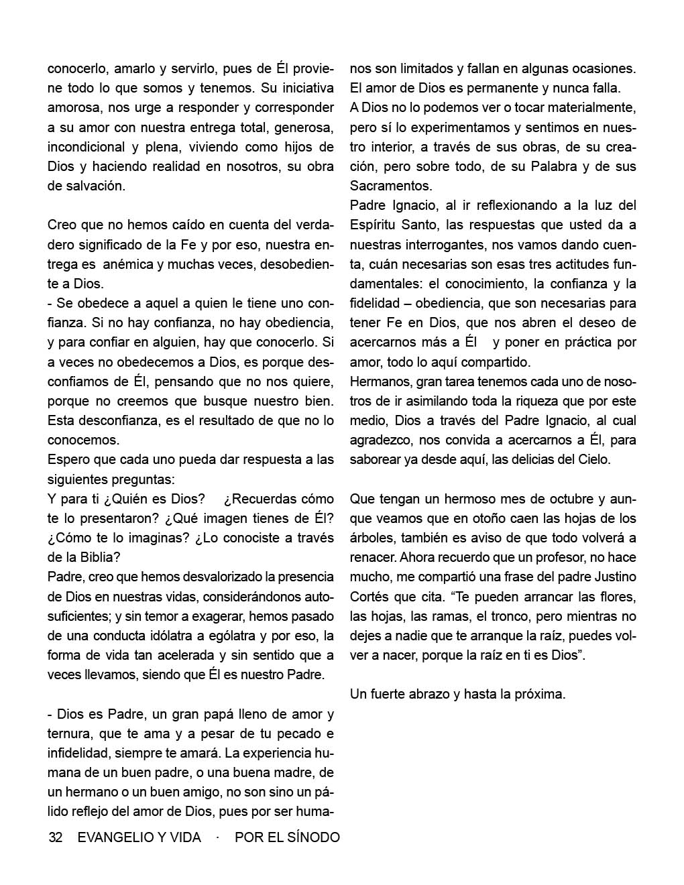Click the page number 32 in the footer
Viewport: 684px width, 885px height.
coord(56,837)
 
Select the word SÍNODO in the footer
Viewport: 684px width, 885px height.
coord(314,837)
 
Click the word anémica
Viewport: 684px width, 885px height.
coord(125,264)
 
